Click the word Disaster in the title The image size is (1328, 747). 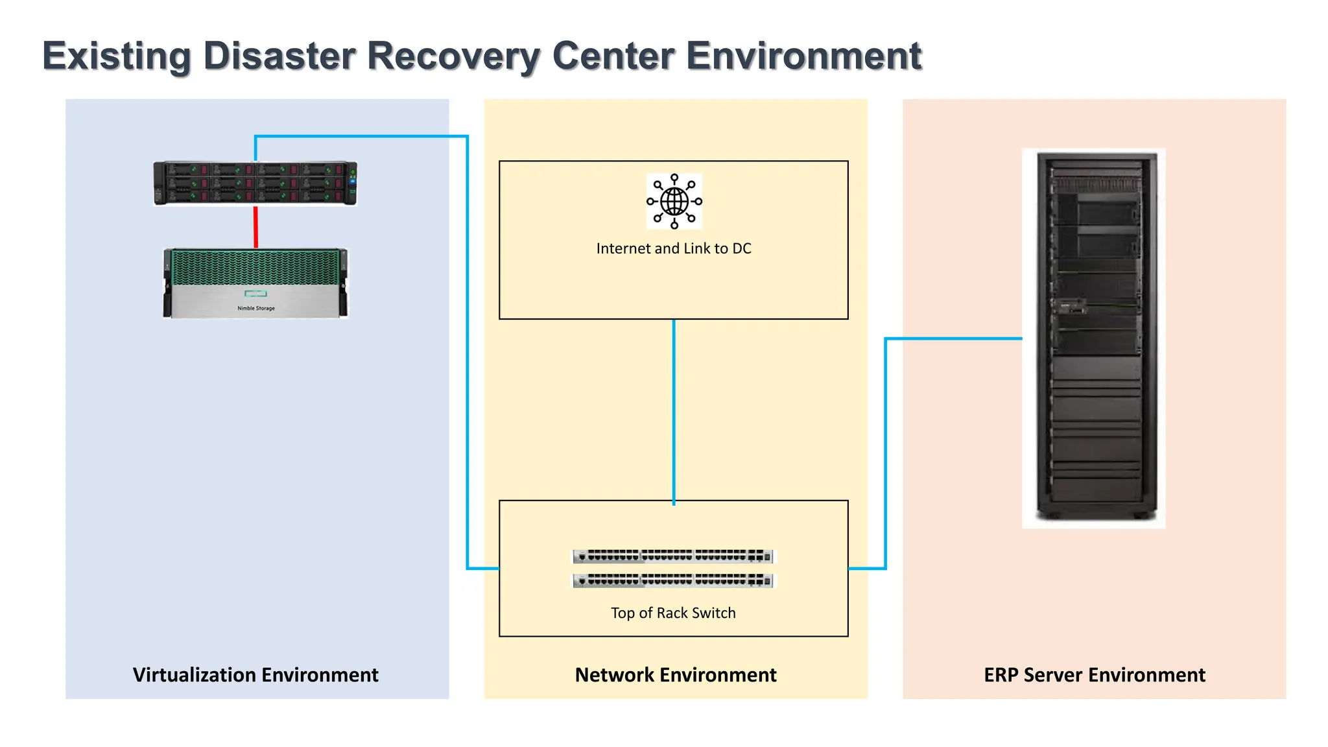tap(279, 56)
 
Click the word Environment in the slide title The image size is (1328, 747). tap(803, 56)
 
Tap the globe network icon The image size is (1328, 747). tap(674, 201)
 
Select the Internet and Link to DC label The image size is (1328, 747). tap(673, 248)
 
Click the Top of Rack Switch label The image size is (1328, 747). tap(673, 613)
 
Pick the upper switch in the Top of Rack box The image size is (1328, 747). tap(673, 556)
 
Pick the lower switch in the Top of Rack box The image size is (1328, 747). tap(673, 580)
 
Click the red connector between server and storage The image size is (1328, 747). tap(255, 227)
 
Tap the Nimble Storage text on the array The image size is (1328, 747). tap(255, 308)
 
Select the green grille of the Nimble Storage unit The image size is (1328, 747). tap(255, 267)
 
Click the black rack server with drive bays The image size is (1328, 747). tap(255, 183)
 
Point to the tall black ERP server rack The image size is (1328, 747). tap(1095, 337)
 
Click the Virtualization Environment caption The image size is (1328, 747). tap(255, 675)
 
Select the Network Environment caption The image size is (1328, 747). tap(675, 675)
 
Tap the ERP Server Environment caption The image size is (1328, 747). tap(1095, 675)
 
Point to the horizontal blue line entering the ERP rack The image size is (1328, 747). tap(953, 338)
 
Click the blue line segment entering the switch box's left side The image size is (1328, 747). tap(483, 569)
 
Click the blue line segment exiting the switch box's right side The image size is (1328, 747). tap(867, 569)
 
